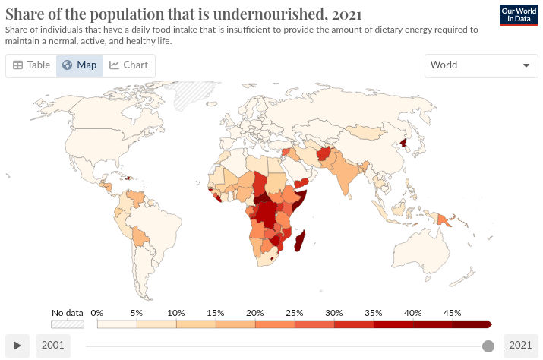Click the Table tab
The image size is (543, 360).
pos(31,65)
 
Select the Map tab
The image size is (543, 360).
pos(80,65)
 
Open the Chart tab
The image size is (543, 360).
pos(128,65)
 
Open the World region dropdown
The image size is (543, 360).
pos(481,65)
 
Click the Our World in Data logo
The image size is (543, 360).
pos(518,15)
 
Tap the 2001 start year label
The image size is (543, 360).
pos(52,346)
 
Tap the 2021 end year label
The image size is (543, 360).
pos(520,346)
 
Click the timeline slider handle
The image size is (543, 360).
pos(488,346)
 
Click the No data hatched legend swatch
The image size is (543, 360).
pos(67,324)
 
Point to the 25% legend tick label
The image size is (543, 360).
pos(295,313)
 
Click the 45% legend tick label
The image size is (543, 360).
pos(453,313)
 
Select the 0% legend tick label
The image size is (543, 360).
pos(97,313)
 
